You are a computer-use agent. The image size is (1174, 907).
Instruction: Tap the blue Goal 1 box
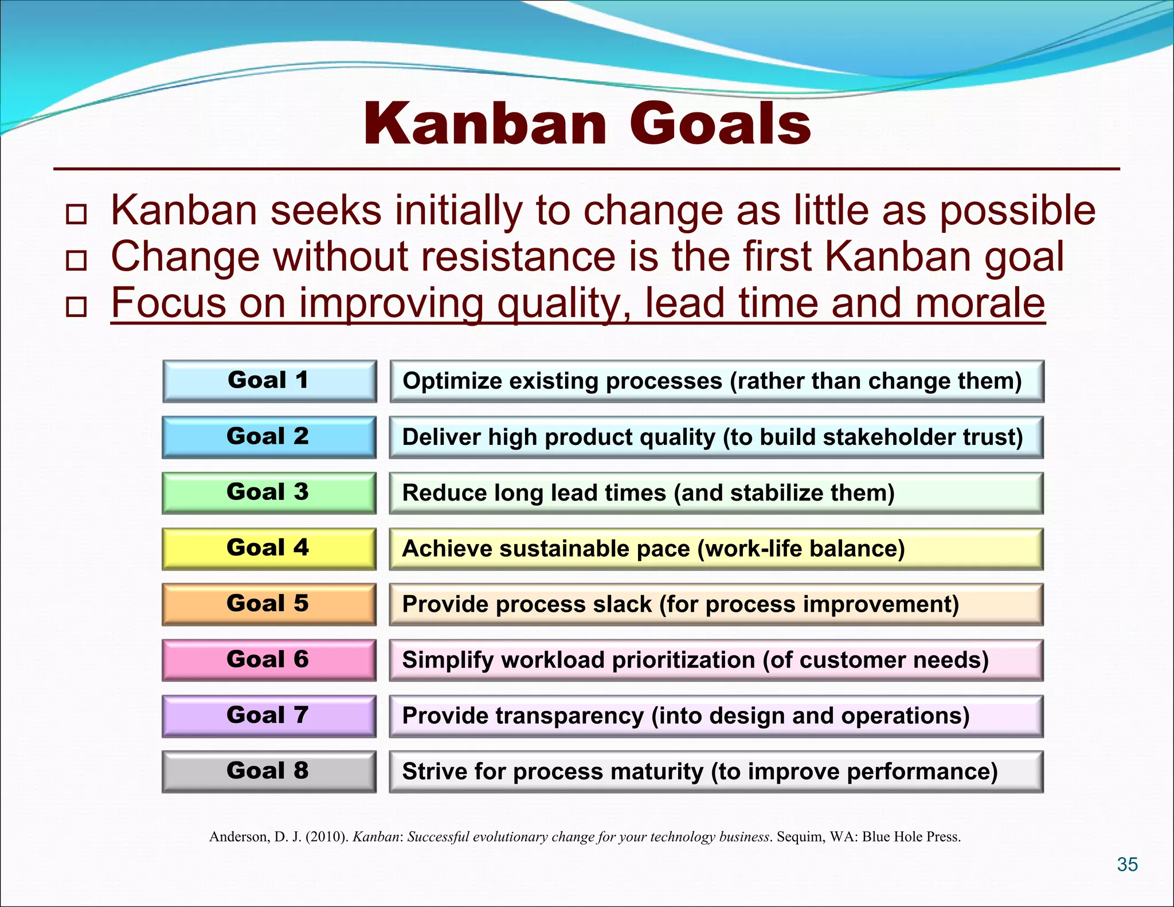pos(269,381)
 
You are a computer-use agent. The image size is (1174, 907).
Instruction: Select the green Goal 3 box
pos(269,492)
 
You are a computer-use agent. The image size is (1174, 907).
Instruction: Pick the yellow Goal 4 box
pos(269,548)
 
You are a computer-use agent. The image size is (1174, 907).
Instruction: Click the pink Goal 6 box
pos(269,660)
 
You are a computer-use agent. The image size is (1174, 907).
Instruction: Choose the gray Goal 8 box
pos(269,771)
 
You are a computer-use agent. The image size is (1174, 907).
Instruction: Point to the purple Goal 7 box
pos(269,716)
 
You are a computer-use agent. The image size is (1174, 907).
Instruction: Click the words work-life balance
pos(800,549)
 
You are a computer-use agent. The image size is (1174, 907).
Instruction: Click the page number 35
pos(1127,865)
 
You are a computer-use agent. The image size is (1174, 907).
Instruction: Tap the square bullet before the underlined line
pos(76,307)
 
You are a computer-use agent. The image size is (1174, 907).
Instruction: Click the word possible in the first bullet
pos(1017,211)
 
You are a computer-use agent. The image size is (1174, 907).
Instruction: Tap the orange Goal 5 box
pos(269,604)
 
